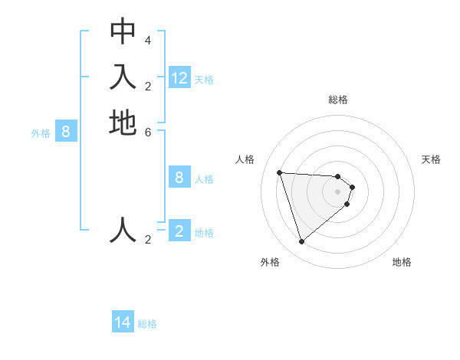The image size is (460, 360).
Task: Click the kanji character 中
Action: (x=123, y=31)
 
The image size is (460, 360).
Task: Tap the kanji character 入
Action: (x=123, y=77)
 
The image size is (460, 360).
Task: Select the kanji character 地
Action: (x=123, y=123)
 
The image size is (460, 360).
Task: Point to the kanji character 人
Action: (x=123, y=230)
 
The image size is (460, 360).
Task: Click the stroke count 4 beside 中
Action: (x=147, y=40)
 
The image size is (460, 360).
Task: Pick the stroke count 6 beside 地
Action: (x=147, y=132)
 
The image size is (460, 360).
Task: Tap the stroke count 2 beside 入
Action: (x=147, y=86)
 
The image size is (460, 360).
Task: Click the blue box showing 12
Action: (x=179, y=78)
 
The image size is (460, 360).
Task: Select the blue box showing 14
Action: (x=123, y=322)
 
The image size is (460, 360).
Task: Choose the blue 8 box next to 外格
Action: (x=66, y=132)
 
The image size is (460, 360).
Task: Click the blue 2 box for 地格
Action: (x=179, y=231)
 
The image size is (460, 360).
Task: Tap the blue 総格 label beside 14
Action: (x=147, y=324)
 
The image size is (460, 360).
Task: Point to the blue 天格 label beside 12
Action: (x=204, y=80)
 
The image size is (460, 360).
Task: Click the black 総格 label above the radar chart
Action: (x=338, y=100)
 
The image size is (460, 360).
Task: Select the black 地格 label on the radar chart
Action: (x=402, y=262)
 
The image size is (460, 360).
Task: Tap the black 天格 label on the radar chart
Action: (x=431, y=159)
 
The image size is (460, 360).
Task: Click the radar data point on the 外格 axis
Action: (x=301, y=242)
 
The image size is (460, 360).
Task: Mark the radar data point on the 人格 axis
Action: (x=280, y=172)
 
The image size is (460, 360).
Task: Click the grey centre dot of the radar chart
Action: (x=338, y=191)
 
